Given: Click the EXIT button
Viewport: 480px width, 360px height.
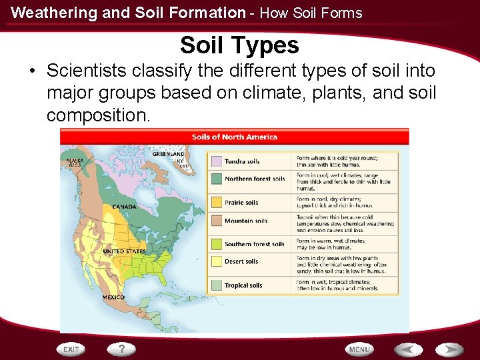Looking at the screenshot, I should (71, 349).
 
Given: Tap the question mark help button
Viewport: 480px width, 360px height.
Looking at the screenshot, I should (122, 349).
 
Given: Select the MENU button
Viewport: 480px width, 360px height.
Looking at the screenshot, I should (359, 349).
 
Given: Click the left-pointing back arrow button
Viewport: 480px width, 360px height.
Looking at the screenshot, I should (407, 349).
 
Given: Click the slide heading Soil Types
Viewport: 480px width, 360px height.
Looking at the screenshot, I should (239, 45).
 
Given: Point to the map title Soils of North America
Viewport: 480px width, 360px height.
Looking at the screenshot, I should (234, 137).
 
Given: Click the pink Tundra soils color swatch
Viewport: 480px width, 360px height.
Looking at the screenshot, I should (216, 161).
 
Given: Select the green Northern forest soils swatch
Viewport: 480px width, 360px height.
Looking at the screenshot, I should (216, 179).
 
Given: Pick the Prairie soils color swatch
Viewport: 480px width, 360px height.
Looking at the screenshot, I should (216, 202).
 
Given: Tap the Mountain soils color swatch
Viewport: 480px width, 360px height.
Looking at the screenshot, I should (216, 221).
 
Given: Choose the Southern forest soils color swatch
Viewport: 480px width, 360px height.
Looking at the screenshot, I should (216, 244).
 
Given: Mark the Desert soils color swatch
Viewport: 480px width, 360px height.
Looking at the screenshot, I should (216, 261).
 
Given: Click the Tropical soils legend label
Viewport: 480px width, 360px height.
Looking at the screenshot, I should (243, 285).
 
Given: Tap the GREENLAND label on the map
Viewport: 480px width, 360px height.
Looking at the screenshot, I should (168, 154).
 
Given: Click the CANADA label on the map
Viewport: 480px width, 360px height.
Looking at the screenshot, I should (124, 207).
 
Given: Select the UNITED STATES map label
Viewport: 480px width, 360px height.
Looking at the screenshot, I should (125, 251).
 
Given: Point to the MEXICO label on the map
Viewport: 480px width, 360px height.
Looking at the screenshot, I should (113, 297).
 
